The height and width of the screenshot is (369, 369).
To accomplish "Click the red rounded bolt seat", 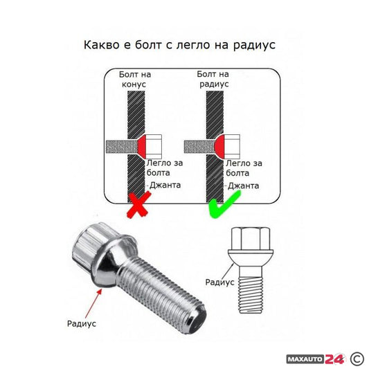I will click(219, 146).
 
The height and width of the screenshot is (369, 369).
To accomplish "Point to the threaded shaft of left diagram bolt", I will click(116, 146).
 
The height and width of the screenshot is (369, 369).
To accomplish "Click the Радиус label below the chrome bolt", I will click(82, 323).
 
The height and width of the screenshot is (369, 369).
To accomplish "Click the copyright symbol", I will click(357, 358).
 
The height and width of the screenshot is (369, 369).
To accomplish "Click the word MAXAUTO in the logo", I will click(306, 358).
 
